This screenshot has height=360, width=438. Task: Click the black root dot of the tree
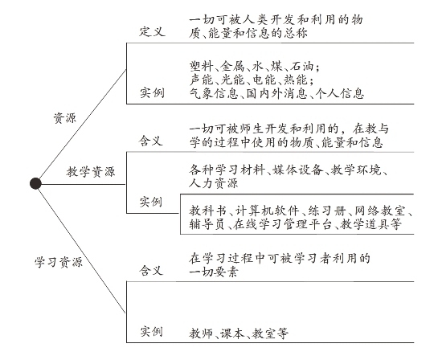[x=35, y=183]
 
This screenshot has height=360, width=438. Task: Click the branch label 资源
[x=64, y=118]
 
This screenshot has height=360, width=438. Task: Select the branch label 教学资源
[x=91, y=171]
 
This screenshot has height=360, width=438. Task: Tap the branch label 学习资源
[x=59, y=262]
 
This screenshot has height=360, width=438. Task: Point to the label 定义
[x=152, y=31]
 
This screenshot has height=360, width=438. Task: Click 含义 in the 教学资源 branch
[x=151, y=141]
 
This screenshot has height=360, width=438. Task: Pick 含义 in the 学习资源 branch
[x=151, y=270]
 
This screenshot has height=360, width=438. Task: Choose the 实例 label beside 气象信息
[x=152, y=92]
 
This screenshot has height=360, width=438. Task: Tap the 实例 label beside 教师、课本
[x=151, y=332]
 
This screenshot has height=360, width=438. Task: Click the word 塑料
[x=201, y=66]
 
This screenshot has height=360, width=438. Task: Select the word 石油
[x=301, y=66]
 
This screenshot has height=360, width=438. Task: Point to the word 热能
[x=295, y=80]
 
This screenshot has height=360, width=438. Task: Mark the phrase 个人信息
[x=340, y=93]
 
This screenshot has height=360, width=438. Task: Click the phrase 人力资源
[x=214, y=183]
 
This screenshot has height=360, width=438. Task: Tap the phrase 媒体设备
[x=297, y=170]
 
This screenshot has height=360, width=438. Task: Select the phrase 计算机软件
[x=267, y=211]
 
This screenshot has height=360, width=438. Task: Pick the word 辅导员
[x=207, y=224]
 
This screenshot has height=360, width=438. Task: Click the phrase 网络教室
[x=380, y=211]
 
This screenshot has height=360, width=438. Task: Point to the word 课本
[x=232, y=333]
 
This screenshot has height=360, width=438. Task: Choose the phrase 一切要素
[x=214, y=272]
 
